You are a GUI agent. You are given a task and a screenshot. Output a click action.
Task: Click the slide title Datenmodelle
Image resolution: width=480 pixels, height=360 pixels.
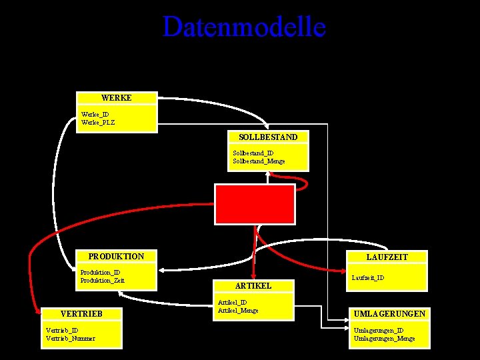click(244, 27)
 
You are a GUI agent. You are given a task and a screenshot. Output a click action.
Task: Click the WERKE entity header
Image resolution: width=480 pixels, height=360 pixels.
click(117, 98)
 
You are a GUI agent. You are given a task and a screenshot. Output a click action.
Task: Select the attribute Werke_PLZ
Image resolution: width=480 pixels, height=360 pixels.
click(98, 122)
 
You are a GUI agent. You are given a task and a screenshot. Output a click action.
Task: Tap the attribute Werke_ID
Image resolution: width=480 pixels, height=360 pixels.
click(95, 114)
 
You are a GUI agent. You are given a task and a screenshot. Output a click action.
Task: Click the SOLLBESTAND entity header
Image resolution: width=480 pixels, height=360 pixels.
click(268, 137)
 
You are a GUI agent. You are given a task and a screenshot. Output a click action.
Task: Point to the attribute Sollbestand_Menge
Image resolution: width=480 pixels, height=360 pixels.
click(259, 161)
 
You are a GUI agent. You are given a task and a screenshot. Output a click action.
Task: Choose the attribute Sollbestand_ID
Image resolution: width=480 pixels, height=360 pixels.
click(253, 153)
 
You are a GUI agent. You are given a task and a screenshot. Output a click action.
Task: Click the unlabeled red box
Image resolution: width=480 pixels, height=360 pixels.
click(254, 204)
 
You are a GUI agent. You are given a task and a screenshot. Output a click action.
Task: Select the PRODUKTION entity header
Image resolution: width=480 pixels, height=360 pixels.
click(116, 256)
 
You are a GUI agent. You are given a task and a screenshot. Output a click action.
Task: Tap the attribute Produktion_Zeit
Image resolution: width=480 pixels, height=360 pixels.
click(103, 280)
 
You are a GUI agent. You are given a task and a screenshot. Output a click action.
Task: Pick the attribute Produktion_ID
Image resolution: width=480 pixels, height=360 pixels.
click(100, 272)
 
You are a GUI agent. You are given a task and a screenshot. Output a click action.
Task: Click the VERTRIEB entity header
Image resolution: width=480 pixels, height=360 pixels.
click(81, 313)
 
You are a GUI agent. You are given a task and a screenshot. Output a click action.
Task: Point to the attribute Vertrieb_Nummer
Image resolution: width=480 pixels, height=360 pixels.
click(70, 338)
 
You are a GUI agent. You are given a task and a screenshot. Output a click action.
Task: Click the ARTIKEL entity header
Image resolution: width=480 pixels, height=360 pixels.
click(253, 285)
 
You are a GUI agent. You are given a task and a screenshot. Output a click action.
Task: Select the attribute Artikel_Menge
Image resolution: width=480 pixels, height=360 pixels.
click(238, 310)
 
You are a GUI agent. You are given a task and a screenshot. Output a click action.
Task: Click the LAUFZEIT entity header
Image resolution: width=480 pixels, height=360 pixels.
click(387, 257)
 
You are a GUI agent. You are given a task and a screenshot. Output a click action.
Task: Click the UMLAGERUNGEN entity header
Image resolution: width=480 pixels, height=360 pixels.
click(390, 313)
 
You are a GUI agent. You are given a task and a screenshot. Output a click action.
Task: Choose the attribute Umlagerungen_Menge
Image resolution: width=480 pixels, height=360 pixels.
click(384, 338)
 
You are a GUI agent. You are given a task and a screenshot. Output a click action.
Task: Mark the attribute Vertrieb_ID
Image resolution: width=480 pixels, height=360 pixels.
click(61, 330)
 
